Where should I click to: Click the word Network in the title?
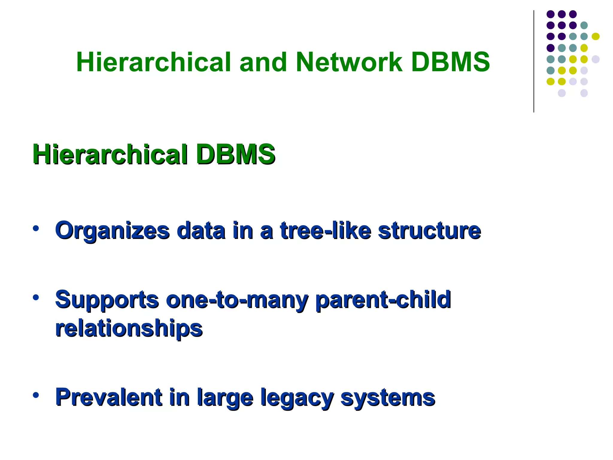(x=349, y=62)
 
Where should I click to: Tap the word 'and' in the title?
(x=263, y=62)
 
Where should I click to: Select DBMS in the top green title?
(x=450, y=62)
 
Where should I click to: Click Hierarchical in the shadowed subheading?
(x=110, y=155)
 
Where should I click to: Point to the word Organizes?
(x=112, y=231)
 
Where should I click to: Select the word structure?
(x=429, y=231)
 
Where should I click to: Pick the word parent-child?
(x=383, y=299)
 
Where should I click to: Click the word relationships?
(x=129, y=328)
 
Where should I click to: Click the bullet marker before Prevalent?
(x=36, y=395)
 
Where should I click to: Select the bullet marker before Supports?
(x=36, y=297)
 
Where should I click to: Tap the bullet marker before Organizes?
(x=36, y=229)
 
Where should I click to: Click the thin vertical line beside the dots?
(x=534, y=61)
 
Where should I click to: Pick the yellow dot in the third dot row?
(x=595, y=37)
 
